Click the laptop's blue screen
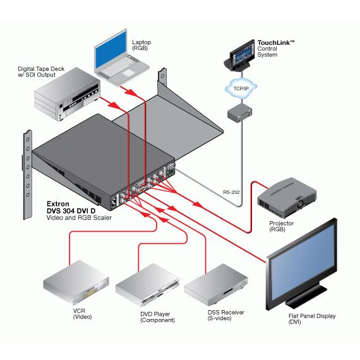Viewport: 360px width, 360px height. (111, 50)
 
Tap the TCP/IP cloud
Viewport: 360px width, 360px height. (241, 88)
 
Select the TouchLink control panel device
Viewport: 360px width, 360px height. (239, 56)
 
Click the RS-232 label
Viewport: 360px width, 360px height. (231, 192)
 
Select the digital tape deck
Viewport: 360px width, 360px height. (67, 93)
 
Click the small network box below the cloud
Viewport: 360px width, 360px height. (240, 112)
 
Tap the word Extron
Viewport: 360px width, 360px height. (58, 204)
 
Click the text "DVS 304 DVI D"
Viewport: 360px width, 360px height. (71, 211)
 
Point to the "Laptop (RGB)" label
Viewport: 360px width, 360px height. (141, 45)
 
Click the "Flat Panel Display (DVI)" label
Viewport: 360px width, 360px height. (312, 319)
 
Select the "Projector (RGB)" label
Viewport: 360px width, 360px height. (281, 226)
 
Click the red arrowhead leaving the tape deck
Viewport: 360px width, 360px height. (114, 105)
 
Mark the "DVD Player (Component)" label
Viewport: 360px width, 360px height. (157, 317)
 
